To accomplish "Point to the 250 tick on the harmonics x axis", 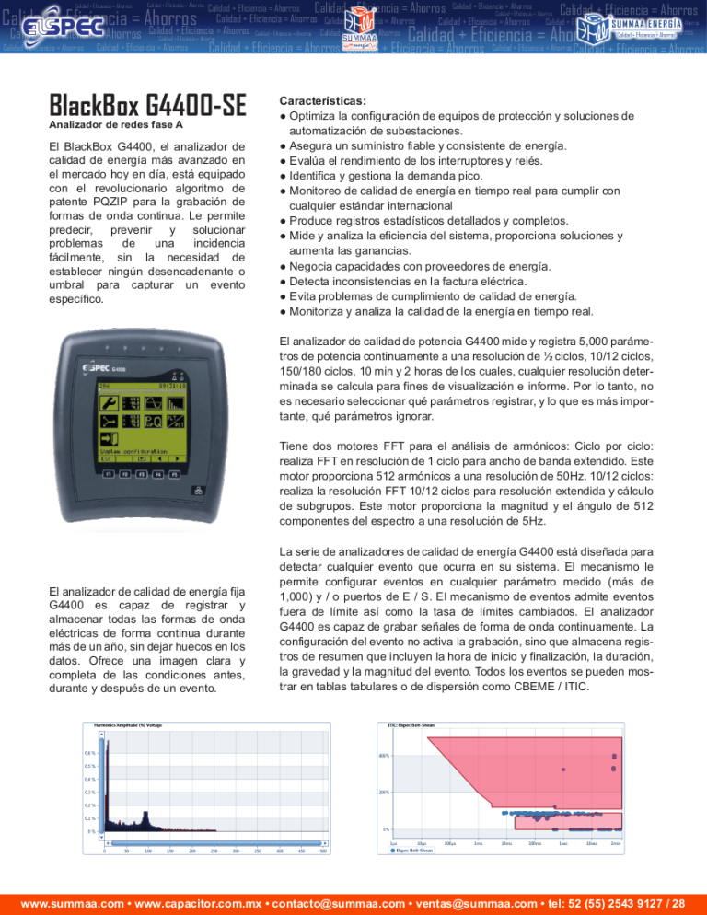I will coord(236,851).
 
